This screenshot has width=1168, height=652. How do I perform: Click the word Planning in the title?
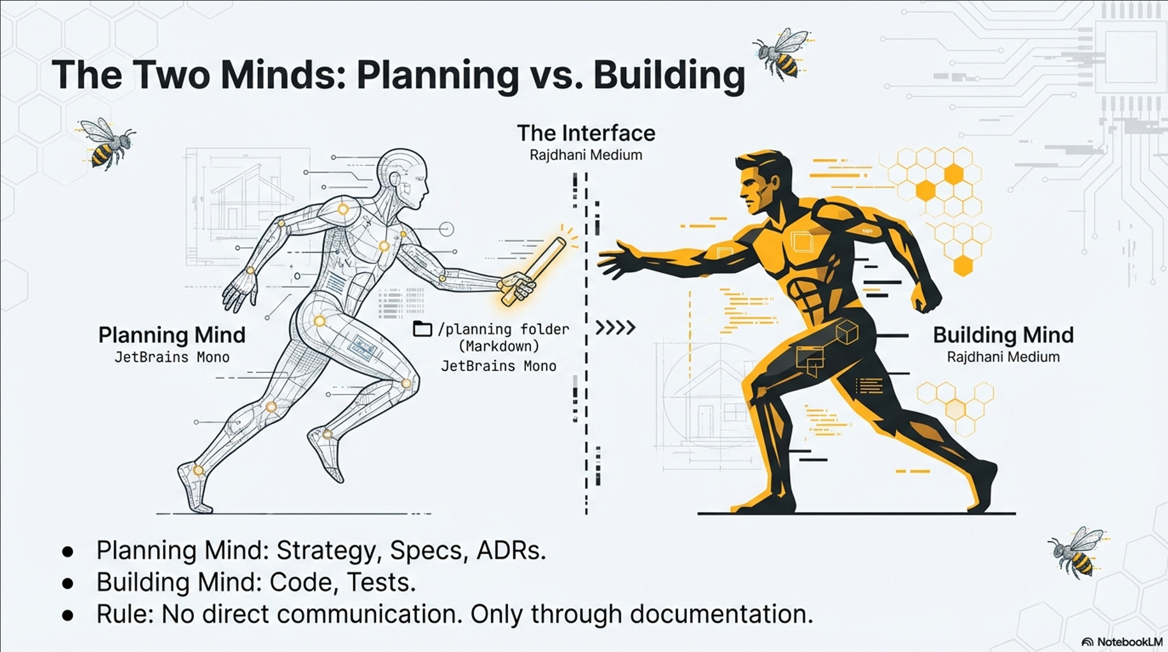[x=437, y=75]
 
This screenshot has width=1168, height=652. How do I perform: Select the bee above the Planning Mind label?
[x=107, y=143]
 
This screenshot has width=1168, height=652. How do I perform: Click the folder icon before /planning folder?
[x=422, y=329]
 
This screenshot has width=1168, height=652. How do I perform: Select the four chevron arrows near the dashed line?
[x=615, y=328]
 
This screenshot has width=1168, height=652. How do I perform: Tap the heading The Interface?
[x=586, y=133]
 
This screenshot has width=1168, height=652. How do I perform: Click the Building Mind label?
[x=1003, y=335]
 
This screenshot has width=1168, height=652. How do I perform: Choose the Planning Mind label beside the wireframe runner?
[x=172, y=335]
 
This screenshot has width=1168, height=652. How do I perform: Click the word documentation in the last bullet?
[x=721, y=614]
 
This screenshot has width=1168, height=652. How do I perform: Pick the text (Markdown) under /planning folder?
[x=498, y=347]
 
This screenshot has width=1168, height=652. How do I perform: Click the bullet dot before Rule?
[x=68, y=615]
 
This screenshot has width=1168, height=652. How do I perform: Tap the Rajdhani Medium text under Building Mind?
[x=1003, y=358]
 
